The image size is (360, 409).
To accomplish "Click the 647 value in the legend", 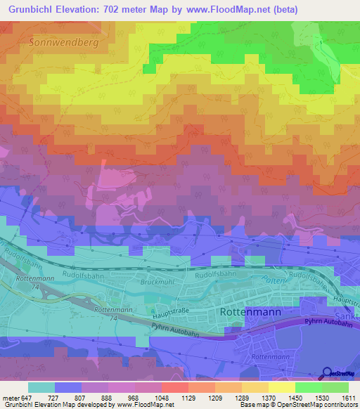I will (x=26, y=398).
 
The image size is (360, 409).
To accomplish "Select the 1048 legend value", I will (x=162, y=398).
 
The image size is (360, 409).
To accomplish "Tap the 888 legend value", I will (x=108, y=398).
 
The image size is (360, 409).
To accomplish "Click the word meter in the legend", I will (x=10, y=398).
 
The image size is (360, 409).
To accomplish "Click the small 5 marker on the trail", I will (x=320, y=44).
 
